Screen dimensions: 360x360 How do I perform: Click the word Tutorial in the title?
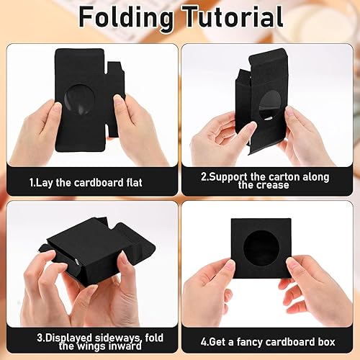coord(232,17)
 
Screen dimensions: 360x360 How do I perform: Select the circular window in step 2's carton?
coord(272,106)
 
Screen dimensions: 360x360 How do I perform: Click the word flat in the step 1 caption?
coord(134,183)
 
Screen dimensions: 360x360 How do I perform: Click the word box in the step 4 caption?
coord(326,342)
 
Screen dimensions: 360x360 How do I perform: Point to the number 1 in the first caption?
coord(31,183)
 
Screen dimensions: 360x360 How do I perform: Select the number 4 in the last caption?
coord(204,342)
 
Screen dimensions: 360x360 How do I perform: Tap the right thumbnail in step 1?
coord(117,100)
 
